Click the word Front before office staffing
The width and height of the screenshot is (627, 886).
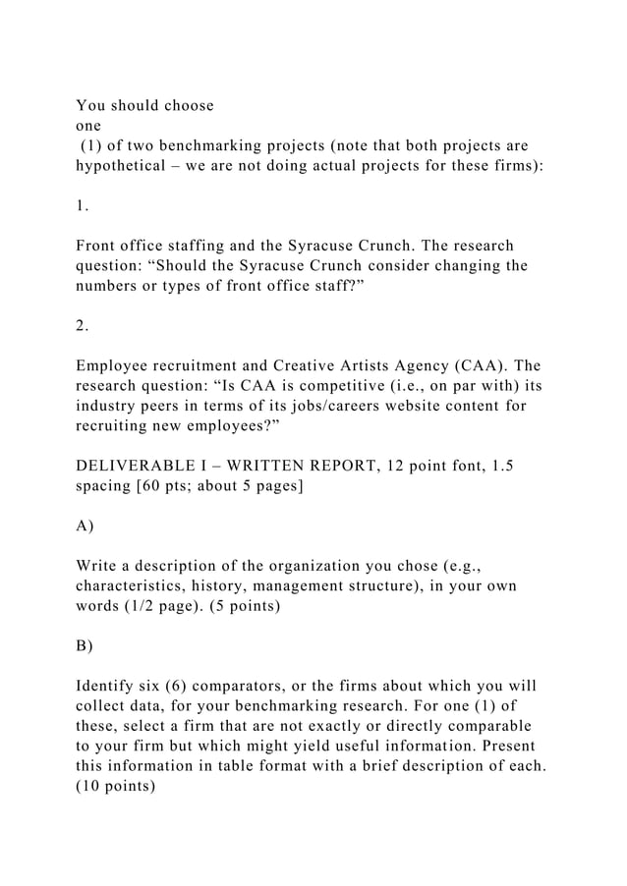(98, 245)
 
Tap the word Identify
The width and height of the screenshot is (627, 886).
(108, 685)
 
